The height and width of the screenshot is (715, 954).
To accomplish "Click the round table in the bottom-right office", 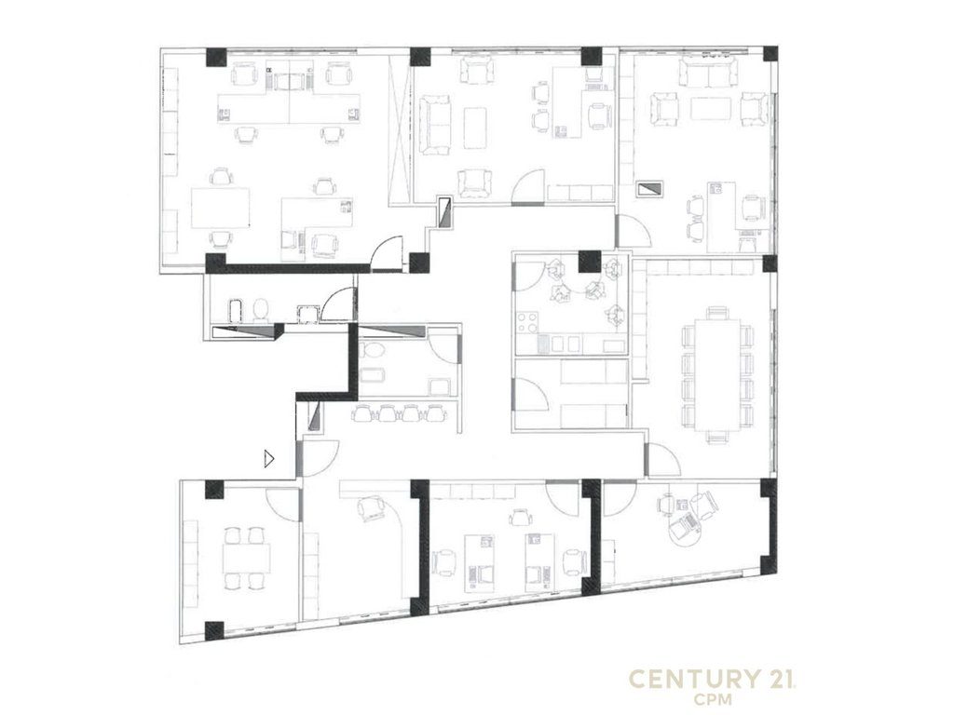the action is point(684,528).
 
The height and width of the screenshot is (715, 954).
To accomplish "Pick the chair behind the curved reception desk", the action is point(372,507).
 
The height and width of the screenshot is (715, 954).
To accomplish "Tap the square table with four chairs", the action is point(246,559).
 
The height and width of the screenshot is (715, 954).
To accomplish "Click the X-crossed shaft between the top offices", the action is point(400,128).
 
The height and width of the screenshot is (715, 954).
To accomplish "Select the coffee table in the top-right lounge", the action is point(711,109).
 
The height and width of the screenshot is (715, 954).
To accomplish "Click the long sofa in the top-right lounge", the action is point(708,73).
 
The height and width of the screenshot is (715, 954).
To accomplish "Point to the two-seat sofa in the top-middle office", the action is point(433,124).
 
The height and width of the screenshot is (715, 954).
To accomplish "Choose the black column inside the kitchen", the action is point(589,262).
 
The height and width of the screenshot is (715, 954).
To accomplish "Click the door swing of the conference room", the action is point(663,460).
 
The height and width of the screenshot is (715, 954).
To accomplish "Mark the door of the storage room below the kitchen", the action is point(530,394).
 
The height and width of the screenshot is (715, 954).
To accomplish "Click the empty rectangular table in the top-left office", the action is point(220,208).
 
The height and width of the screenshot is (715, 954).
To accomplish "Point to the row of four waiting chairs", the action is point(399,413).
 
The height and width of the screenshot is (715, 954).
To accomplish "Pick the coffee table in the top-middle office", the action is point(475,127).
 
